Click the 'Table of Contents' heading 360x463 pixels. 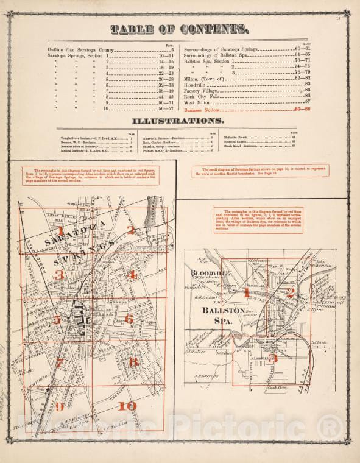(x=179, y=29)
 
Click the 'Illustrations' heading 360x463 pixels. (x=180, y=121)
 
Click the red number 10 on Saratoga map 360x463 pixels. (x=127, y=406)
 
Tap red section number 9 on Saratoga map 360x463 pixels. (x=60, y=407)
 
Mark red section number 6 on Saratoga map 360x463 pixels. (x=129, y=319)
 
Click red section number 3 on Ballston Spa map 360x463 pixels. (x=274, y=358)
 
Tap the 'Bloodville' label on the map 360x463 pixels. (x=211, y=274)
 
